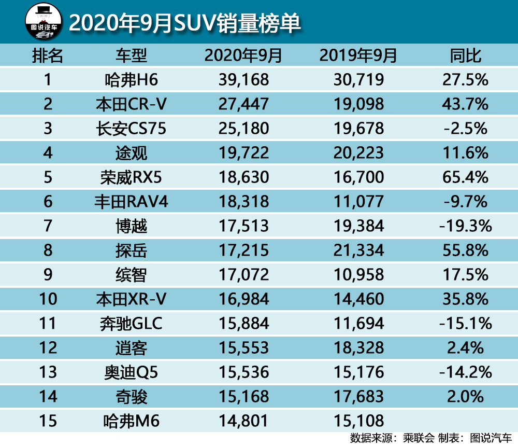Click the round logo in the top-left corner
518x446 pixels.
[x=44, y=22]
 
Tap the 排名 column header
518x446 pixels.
[x=48, y=55]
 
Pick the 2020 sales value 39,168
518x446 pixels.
[x=244, y=80]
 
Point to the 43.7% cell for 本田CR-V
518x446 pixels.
[x=465, y=104]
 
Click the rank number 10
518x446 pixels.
[x=48, y=299]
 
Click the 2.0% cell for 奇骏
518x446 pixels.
[x=465, y=397]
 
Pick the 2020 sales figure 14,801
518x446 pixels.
[x=244, y=421]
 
